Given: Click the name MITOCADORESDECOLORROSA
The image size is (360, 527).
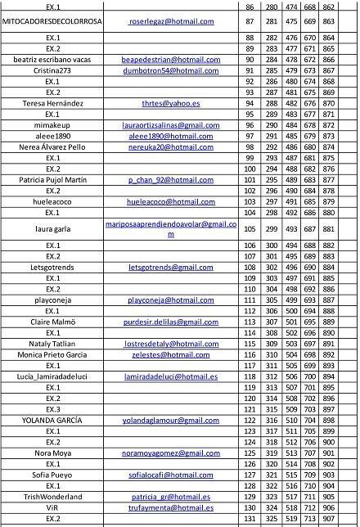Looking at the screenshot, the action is [52, 20].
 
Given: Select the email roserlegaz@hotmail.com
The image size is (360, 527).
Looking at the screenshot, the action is [171, 20].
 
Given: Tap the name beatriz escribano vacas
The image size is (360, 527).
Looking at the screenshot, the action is [52, 60].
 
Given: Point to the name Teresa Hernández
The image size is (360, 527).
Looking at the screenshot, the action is [52, 103].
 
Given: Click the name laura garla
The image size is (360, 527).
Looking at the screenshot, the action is [52, 229].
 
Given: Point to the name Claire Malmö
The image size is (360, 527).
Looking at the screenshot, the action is [52, 322].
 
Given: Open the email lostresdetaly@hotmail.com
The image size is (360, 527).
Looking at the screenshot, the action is [171, 344].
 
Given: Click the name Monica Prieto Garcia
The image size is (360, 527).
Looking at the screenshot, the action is [52, 354].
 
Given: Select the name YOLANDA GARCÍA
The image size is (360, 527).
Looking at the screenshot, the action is [52, 420].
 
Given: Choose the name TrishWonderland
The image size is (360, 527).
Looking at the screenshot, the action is [52, 497].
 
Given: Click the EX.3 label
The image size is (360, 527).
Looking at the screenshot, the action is [52, 409].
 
